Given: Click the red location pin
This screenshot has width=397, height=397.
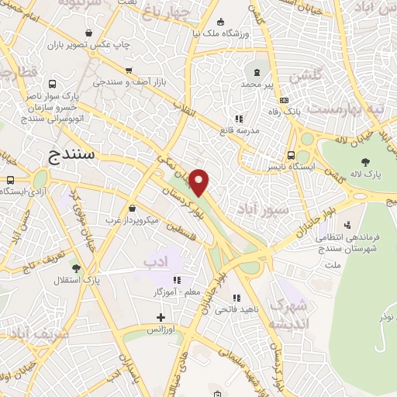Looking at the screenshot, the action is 199,181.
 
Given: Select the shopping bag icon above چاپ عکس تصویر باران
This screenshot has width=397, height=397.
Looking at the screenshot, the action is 91,33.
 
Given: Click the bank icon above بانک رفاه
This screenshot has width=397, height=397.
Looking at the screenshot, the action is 285,100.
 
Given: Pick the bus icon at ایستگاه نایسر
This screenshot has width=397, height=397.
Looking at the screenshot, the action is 290,154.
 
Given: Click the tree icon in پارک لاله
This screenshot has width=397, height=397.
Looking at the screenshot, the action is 365,162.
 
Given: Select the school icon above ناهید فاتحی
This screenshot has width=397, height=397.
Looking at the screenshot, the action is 236,296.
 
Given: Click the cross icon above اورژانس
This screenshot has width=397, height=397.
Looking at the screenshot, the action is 161,316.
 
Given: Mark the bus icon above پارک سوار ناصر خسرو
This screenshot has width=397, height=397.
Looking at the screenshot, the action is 52,84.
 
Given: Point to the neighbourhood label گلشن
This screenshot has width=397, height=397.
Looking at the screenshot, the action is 305,78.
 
